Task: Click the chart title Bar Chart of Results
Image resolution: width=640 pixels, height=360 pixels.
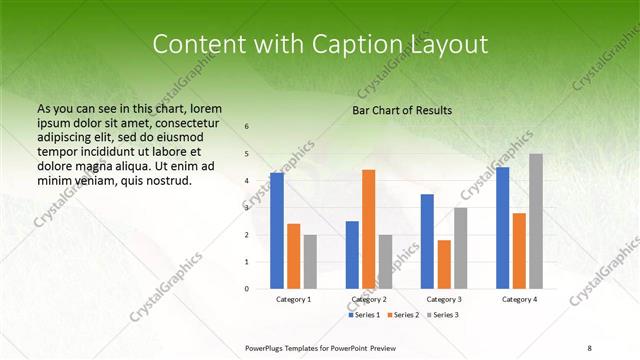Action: tap(402, 110)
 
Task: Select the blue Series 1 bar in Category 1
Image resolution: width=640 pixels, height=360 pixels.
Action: tap(276, 231)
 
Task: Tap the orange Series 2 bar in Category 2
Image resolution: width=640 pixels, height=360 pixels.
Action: tap(368, 229)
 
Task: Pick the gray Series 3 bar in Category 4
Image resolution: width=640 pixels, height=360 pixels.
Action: tap(536, 221)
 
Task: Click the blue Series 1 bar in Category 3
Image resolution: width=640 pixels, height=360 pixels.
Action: tap(427, 241)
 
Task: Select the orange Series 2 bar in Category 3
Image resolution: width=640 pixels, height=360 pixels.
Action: tap(444, 264)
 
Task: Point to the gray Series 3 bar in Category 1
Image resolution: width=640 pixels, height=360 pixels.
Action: tap(310, 262)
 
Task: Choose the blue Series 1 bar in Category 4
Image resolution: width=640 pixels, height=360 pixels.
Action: tap(502, 228)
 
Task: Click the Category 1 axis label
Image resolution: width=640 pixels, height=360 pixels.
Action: tap(293, 299)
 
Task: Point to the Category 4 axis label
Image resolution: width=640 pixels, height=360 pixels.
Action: tap(519, 299)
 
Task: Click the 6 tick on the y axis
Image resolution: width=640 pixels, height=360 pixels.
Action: tap(247, 127)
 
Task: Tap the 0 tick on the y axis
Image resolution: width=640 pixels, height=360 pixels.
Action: tap(247, 289)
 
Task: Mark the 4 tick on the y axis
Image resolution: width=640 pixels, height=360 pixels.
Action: tap(247, 181)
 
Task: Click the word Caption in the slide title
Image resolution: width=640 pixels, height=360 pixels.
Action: tap(361, 44)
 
